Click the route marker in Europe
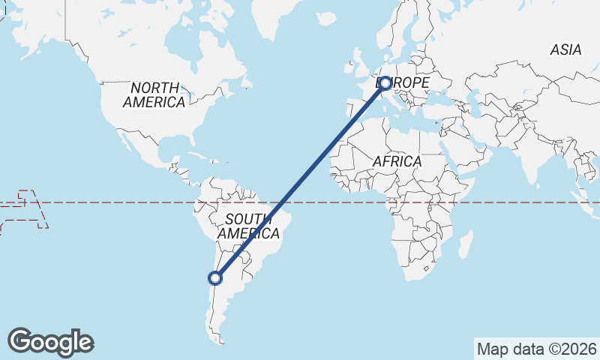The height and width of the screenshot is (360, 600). [x=385, y=83]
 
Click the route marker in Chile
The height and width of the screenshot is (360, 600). [x=215, y=278]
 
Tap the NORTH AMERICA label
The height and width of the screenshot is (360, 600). [x=154, y=95]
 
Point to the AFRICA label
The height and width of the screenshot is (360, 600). [x=397, y=161]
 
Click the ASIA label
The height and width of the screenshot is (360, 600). [x=565, y=50]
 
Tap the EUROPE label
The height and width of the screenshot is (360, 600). [x=409, y=82]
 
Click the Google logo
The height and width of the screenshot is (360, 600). [x=50, y=342]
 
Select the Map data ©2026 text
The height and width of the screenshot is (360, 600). [x=536, y=349]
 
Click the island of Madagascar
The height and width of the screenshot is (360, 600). [x=465, y=244]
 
